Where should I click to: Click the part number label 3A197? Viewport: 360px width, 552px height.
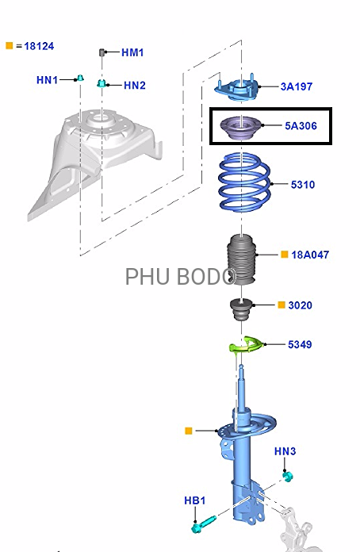297,86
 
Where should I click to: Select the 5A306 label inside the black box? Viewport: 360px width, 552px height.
301,125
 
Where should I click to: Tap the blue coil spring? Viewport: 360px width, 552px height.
244,182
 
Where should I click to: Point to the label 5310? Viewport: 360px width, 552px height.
303,185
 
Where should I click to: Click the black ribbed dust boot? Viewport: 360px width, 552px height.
242,260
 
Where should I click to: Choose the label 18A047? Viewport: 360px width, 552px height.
310,255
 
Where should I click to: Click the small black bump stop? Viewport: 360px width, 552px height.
241,310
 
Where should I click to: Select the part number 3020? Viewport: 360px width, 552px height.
300,305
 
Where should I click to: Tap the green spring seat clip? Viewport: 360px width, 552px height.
246,344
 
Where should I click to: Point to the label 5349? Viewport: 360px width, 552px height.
300,344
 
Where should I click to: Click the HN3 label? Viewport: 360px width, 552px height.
285,451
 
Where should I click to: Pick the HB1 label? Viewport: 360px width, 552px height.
194,500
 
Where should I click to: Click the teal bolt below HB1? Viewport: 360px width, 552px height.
204,523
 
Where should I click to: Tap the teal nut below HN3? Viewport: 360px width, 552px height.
288,477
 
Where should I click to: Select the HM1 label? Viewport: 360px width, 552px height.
132,53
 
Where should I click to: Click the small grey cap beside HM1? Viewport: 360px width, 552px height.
102,52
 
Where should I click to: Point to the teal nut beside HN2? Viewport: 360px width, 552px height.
101,84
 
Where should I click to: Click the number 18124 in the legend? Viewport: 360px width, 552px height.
39,46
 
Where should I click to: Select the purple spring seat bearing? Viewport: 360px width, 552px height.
241,128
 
